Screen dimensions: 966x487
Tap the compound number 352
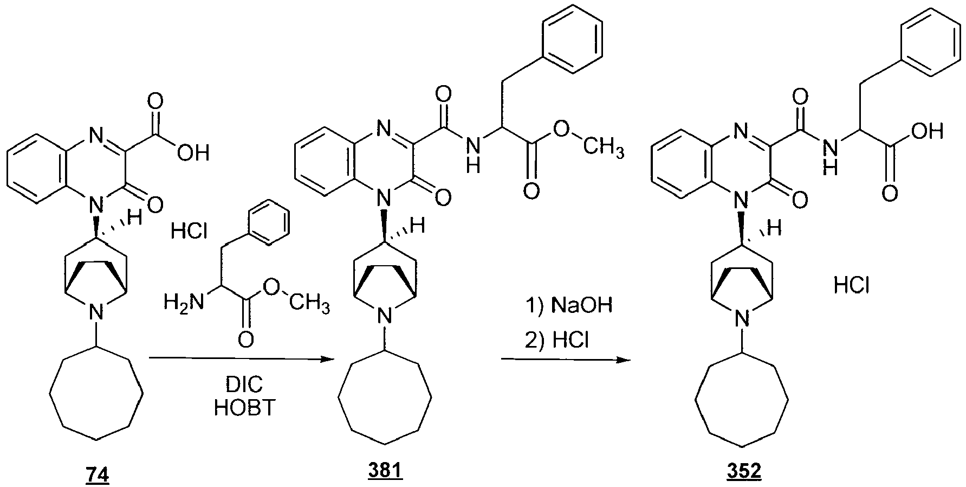coord(743,471)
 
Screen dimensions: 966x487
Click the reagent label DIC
coord(244,385)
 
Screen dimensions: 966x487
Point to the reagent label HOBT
coord(245,408)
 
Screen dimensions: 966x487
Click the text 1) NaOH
coord(569,305)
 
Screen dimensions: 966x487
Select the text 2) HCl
coord(558,340)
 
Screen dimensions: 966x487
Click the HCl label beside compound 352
coord(852,285)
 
